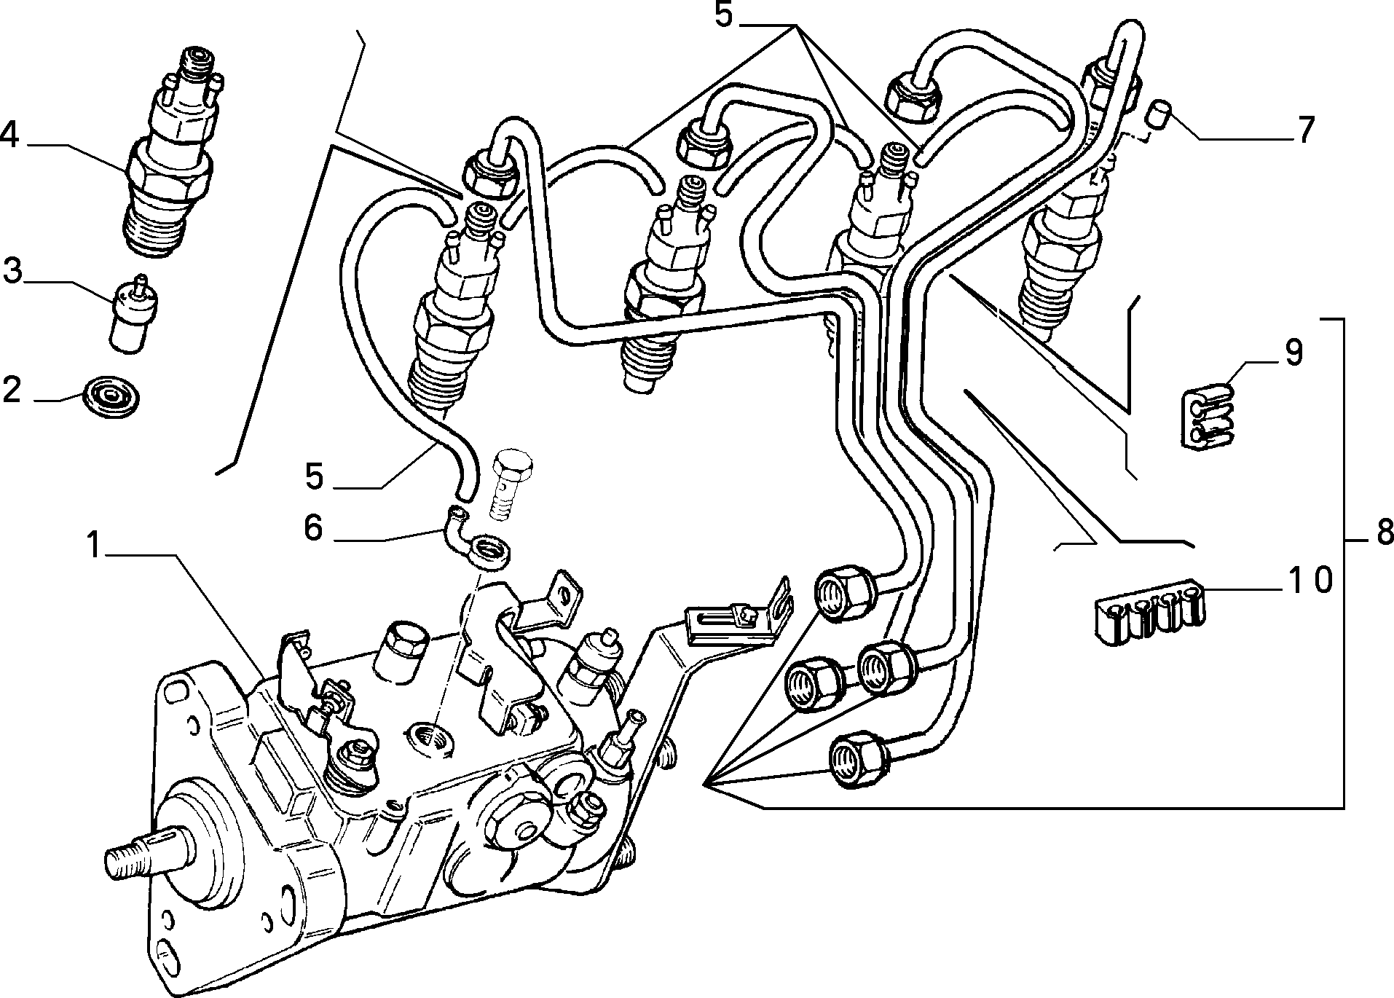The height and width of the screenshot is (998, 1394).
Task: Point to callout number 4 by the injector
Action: [x=9, y=135]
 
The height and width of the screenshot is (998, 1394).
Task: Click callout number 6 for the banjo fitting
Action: [x=313, y=527]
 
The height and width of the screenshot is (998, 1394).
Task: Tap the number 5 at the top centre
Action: [x=723, y=15]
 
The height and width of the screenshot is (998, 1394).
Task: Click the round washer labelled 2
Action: [x=112, y=397]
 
